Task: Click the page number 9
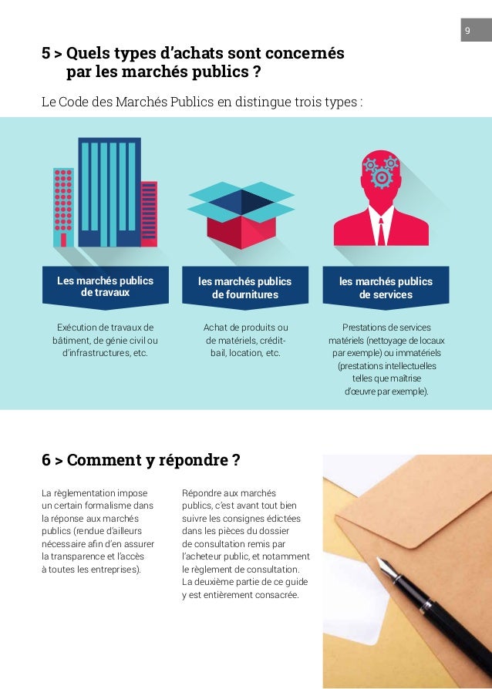coord(467,32)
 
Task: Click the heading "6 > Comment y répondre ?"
coord(140,461)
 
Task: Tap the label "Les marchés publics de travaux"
coord(105,287)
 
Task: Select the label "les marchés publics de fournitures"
coord(245,288)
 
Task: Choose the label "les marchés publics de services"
coord(386,288)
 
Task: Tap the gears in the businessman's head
coord(381,172)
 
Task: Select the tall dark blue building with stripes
coord(109,194)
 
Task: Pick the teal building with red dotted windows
coord(64,202)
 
